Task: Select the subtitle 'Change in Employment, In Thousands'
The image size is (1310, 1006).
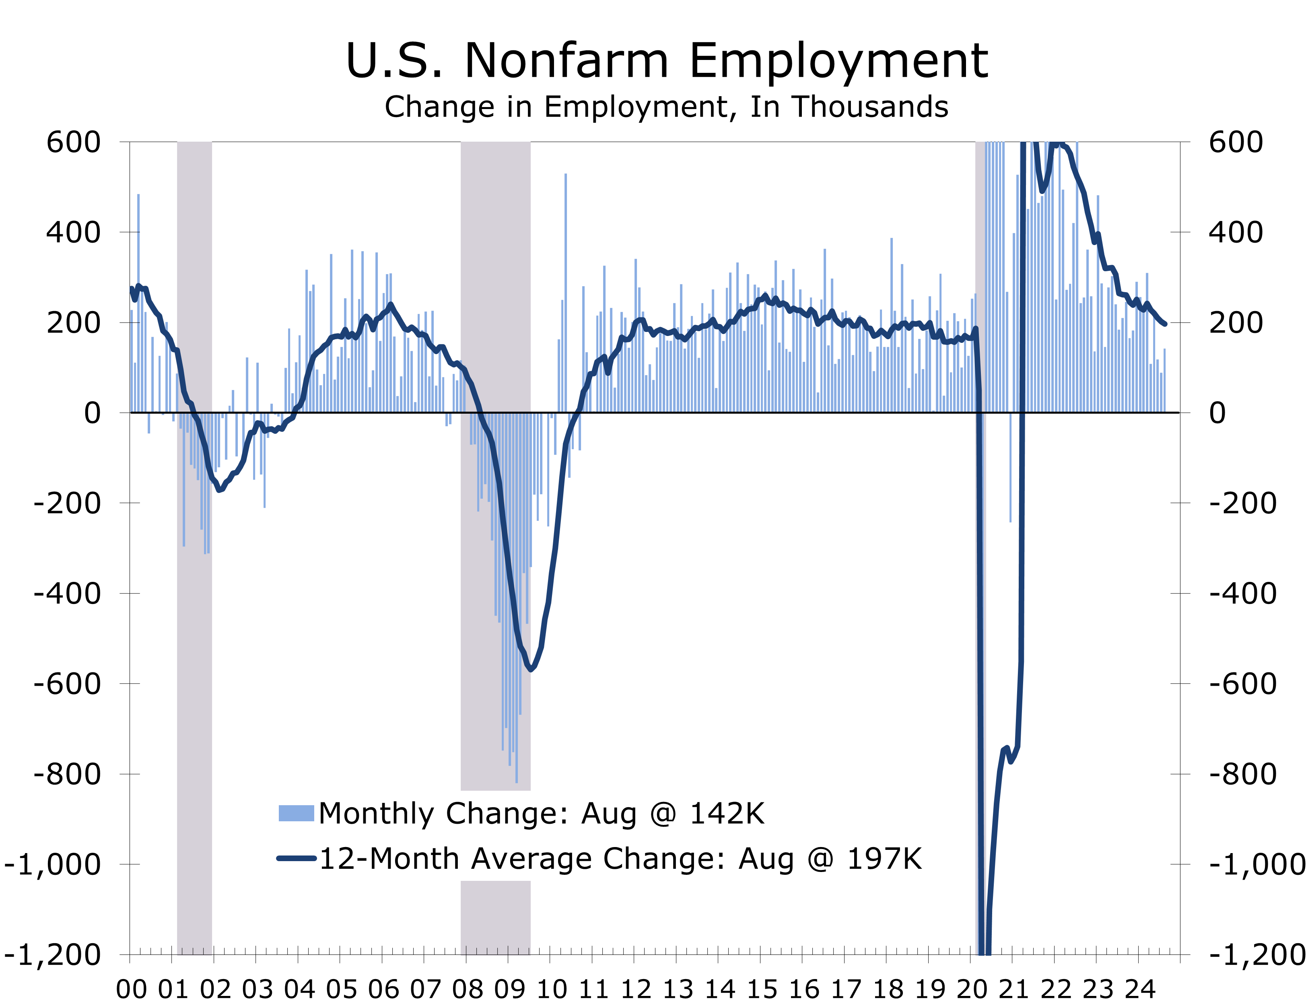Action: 666,107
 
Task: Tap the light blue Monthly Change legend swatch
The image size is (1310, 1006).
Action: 297,813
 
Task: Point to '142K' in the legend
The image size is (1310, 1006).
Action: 727,813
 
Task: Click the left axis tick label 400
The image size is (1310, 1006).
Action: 74,232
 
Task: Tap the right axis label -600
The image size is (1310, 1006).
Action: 1242,683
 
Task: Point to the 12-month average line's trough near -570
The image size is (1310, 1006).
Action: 530,669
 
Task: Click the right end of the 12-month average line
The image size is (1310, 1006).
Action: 1164,324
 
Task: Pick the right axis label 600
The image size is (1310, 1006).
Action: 1235,142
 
